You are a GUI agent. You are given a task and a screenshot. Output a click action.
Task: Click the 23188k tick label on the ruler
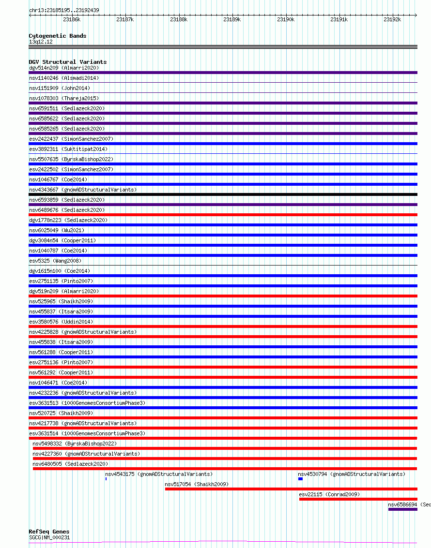[x=179, y=19]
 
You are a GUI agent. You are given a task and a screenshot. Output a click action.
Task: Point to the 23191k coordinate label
[x=339, y=19]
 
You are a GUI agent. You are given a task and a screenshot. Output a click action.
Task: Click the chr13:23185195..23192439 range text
[x=64, y=10]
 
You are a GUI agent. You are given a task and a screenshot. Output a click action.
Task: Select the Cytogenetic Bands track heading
[x=58, y=36]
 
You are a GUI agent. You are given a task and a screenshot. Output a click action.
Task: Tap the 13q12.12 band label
[x=41, y=42]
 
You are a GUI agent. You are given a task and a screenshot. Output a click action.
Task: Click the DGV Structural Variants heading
[x=68, y=62]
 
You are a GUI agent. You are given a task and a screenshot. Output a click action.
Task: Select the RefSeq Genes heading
[x=49, y=532]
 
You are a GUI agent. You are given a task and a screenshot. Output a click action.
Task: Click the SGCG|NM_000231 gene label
[x=49, y=537]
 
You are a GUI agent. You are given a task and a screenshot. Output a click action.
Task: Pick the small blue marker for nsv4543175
[x=106, y=479]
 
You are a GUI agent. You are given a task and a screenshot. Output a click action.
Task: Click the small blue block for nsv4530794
[x=300, y=479]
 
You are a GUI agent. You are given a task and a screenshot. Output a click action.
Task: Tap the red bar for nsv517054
[x=291, y=489]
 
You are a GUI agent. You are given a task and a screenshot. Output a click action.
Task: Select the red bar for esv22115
[x=358, y=499]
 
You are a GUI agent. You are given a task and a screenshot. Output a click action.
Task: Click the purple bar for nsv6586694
[x=402, y=509]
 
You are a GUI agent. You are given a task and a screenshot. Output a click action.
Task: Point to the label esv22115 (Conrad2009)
[x=329, y=494]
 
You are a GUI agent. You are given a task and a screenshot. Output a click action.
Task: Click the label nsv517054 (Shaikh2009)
[x=196, y=484]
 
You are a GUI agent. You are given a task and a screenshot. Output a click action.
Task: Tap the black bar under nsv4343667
[x=223, y=194]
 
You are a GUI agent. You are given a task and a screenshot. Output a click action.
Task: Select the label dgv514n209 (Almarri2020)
[x=64, y=68]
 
